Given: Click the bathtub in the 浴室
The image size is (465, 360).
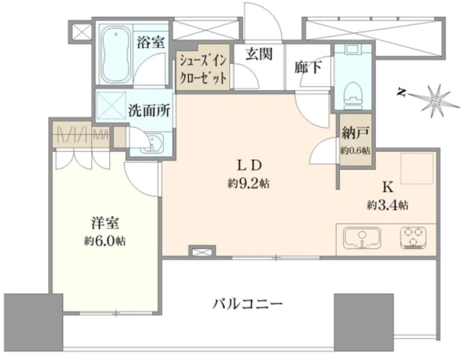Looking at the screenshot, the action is click(116, 55).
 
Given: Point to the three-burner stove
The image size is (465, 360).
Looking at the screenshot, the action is click(414, 238).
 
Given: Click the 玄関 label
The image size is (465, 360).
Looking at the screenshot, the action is click(259, 54).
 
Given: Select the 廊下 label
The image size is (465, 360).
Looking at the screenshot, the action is click(309, 68).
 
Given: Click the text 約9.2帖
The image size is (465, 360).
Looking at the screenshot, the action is click(248, 184).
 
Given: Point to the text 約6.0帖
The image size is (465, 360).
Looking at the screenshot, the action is click(105, 241).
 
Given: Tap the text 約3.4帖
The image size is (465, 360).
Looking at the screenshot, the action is click(387, 205).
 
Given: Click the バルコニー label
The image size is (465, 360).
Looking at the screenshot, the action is click(247, 304).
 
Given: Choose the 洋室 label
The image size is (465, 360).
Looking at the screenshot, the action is click(105, 223).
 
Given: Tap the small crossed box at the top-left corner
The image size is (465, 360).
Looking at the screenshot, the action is click(80, 31).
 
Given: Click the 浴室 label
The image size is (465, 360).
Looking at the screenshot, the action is click(150, 43).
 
